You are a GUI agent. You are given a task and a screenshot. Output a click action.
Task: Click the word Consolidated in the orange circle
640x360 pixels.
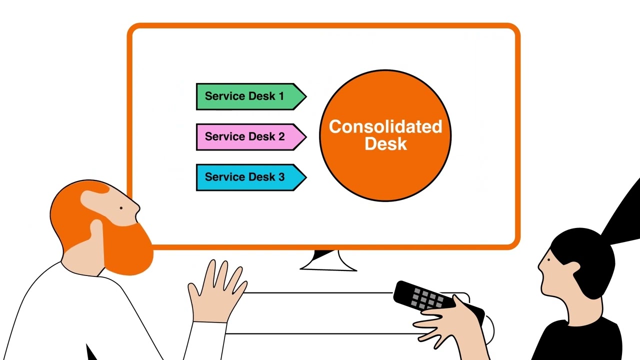tap(385, 126)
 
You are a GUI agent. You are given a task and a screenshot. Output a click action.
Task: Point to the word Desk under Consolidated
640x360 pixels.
tap(385, 144)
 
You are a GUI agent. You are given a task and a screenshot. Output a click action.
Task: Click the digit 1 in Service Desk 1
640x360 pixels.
tap(281, 96)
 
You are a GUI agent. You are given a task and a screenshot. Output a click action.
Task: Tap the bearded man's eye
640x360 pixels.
tap(121, 208)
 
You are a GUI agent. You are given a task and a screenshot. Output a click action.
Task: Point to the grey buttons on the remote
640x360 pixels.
tap(425, 298)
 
